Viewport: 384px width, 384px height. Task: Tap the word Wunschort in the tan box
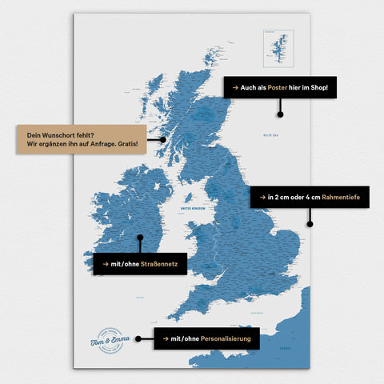[61, 132]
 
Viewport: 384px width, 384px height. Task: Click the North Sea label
[270, 136]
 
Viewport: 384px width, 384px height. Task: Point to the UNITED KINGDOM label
[194, 207]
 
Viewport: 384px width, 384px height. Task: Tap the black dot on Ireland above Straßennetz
[140, 237]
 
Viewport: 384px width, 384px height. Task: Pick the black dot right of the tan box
[162, 139]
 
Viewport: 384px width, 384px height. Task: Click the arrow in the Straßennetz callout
[105, 263]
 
